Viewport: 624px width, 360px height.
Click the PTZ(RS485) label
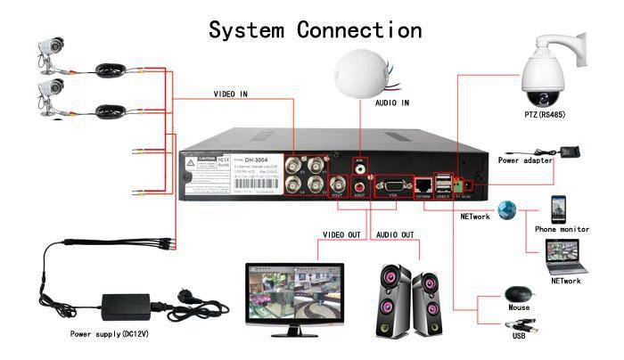pyautogui.click(x=545, y=116)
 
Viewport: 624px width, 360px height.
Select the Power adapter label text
pyautogui.click(x=525, y=161)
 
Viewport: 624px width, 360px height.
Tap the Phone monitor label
pyautogui.click(x=562, y=229)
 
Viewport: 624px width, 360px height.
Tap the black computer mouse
pyautogui.click(x=517, y=294)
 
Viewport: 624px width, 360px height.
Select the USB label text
pyautogui.click(x=518, y=338)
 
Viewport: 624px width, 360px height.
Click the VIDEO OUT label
pyautogui.click(x=341, y=235)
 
